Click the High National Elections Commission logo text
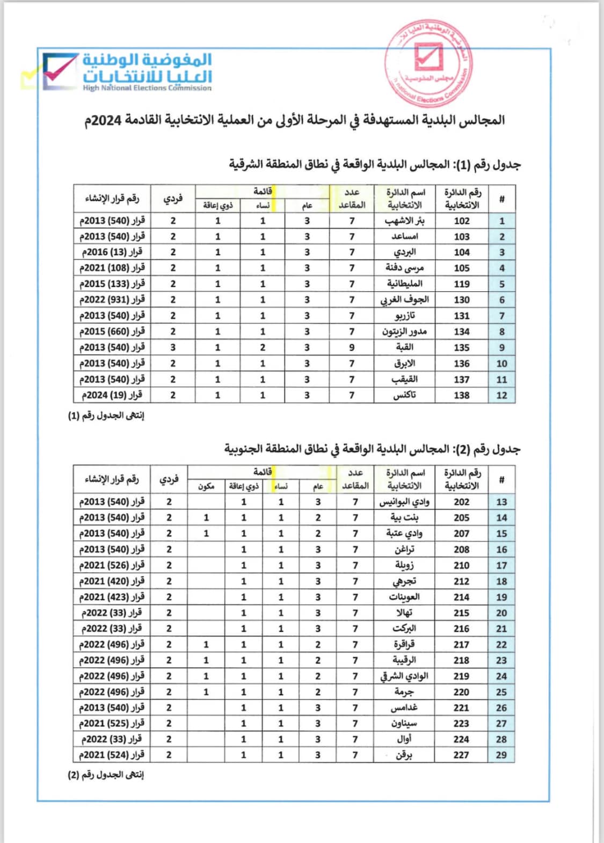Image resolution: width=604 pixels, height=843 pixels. pyautogui.click(x=147, y=73)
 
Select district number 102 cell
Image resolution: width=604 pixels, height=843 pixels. pyautogui.click(x=462, y=221)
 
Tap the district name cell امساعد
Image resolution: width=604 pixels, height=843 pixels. pyautogui.click(x=405, y=236)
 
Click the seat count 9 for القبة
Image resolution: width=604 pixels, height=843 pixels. pyautogui.click(x=352, y=348)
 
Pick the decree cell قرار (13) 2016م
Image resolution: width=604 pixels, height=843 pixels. pyautogui.click(x=112, y=252)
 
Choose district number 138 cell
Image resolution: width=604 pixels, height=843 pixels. pyautogui.click(x=462, y=395)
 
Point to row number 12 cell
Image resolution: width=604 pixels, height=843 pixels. pyautogui.click(x=501, y=395)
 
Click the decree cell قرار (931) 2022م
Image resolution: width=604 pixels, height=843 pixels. pyautogui.click(x=112, y=299)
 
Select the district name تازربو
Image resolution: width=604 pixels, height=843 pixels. pyautogui.click(x=405, y=315)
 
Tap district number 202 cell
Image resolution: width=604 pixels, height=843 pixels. pyautogui.click(x=461, y=502)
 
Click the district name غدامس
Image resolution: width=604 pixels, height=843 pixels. pyautogui.click(x=404, y=708)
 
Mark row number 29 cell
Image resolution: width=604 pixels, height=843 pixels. pyautogui.click(x=501, y=755)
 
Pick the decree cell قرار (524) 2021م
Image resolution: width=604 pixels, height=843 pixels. pyautogui.click(x=112, y=755)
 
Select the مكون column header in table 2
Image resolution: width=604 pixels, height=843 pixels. pyautogui.click(x=206, y=486)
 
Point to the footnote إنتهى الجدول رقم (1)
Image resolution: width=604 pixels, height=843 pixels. pyautogui.click(x=106, y=415)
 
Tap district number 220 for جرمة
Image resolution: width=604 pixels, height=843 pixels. pyautogui.click(x=461, y=692)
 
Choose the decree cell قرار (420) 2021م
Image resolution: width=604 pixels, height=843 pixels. pyautogui.click(x=112, y=581)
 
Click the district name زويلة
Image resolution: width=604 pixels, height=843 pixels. pyautogui.click(x=404, y=565)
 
